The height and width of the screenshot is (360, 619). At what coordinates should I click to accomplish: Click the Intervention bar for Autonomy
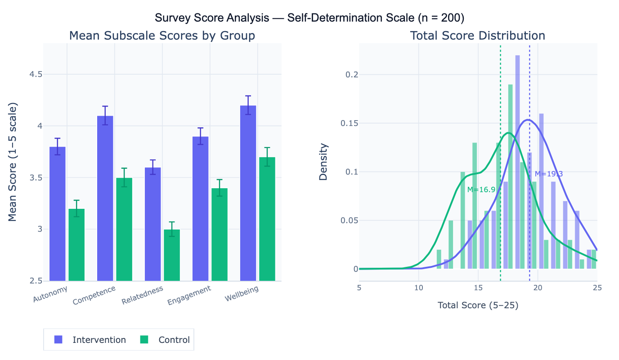click(57, 214)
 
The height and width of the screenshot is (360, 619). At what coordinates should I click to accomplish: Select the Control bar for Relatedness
click(172, 255)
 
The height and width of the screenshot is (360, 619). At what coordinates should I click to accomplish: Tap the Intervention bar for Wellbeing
click(248, 193)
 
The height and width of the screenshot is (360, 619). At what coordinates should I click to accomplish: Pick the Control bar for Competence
click(124, 229)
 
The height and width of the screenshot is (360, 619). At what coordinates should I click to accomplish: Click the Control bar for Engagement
click(220, 234)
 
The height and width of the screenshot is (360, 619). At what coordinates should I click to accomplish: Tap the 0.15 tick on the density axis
click(345, 123)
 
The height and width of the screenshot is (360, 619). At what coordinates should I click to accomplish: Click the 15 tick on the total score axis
click(478, 288)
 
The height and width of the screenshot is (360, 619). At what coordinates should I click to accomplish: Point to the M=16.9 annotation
click(481, 190)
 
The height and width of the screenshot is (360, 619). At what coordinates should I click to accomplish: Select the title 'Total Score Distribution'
click(477, 36)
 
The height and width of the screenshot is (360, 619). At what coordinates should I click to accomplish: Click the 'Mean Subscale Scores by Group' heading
click(162, 36)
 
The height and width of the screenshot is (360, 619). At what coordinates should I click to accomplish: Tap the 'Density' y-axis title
click(323, 162)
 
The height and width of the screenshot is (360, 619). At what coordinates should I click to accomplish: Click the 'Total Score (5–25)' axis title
click(478, 306)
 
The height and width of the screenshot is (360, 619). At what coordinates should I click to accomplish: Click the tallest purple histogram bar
click(517, 162)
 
